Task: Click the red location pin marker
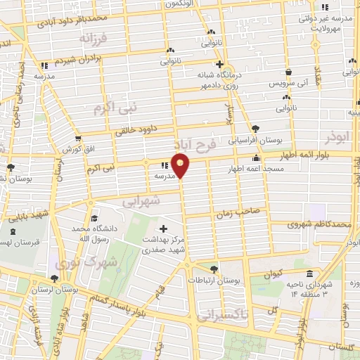181,166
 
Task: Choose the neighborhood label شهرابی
141,200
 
